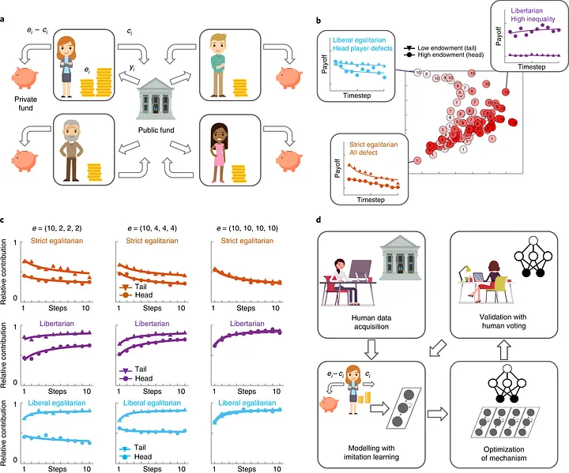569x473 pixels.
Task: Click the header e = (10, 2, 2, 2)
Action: tap(61, 227)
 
